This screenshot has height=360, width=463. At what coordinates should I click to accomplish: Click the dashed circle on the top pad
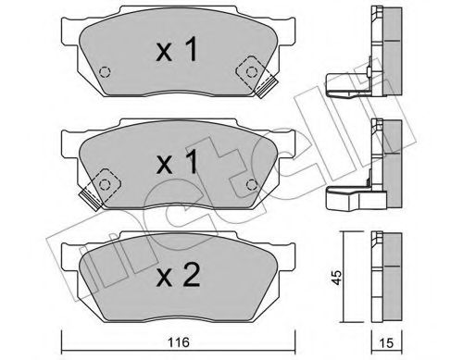pos(104,73)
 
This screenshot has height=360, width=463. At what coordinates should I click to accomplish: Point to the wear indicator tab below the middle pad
pos(90,196)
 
